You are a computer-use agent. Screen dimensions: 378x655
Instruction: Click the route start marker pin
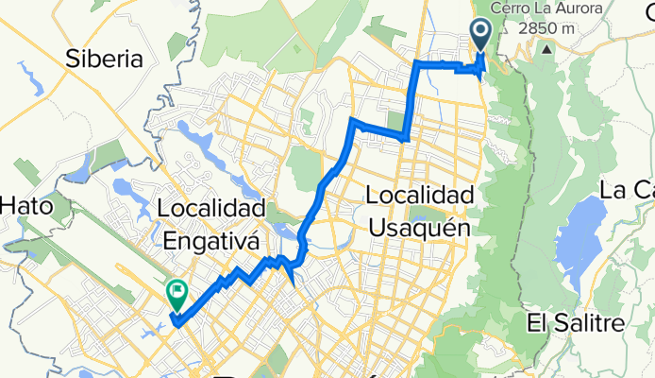click(x=479, y=35)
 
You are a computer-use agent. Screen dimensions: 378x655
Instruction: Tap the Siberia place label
click(x=104, y=60)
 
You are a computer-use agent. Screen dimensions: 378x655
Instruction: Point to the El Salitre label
click(x=577, y=325)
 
